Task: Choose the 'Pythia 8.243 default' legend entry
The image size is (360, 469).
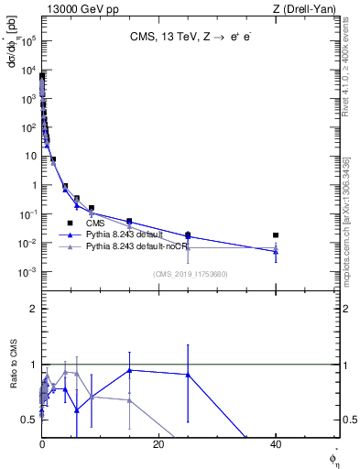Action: pyautogui.click(x=129, y=234)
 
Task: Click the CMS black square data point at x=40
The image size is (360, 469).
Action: pyautogui.click(x=276, y=235)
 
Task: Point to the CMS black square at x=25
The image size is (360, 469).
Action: pyautogui.click(x=188, y=234)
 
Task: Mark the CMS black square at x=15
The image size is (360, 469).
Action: pyautogui.click(x=129, y=221)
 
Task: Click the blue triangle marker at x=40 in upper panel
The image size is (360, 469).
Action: pyautogui.click(x=276, y=251)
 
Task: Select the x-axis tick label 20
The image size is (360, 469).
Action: pyautogui.click(x=158, y=444)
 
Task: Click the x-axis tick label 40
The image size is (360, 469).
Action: pyautogui.click(x=276, y=444)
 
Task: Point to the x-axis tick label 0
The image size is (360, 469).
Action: pyautogui.click(x=42, y=444)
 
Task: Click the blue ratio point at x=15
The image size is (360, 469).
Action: pyautogui.click(x=129, y=370)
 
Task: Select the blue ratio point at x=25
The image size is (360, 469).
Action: pyautogui.click(x=188, y=374)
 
